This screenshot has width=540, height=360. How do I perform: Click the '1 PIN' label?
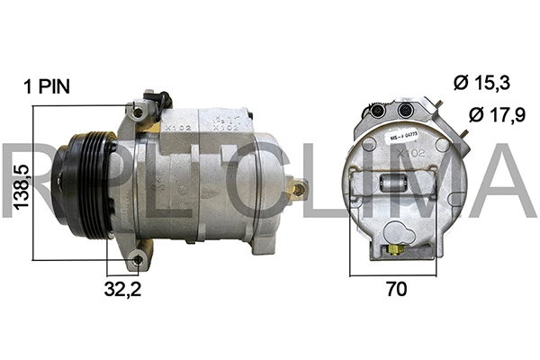(x=48, y=86)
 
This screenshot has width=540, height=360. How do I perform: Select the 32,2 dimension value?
(x=122, y=289)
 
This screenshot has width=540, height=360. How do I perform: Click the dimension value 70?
(x=396, y=290)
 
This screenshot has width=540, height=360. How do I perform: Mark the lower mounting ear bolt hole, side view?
(x=137, y=260)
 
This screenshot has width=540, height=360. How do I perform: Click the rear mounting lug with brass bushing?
(x=295, y=189)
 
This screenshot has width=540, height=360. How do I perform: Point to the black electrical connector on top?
(x=159, y=99)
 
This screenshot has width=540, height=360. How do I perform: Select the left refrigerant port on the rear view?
(x=374, y=110)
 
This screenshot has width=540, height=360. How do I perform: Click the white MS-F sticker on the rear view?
(x=402, y=136)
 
